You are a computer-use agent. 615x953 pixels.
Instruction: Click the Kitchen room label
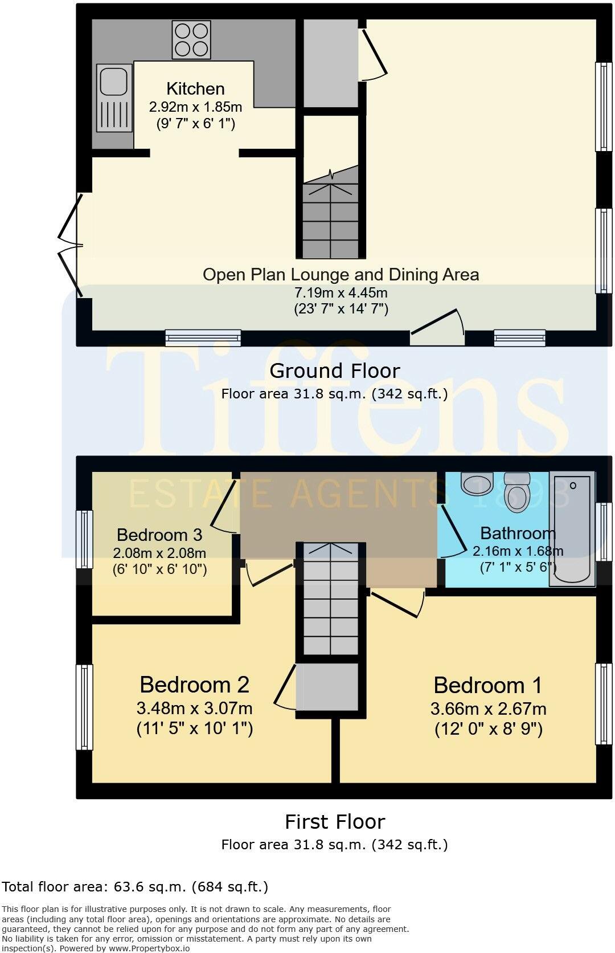point(195,89)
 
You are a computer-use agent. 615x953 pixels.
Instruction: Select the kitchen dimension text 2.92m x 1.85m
point(195,107)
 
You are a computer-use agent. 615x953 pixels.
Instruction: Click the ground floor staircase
point(330,219)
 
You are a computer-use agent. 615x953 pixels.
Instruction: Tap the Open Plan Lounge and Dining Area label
point(341,275)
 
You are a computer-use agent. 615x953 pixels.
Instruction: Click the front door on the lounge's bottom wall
point(437,331)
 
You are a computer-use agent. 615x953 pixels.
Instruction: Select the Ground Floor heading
point(334,370)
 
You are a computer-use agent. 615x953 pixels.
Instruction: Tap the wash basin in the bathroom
point(476,484)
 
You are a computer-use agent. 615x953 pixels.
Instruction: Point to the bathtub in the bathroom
point(571,528)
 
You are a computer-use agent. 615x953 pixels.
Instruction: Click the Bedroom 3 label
point(159,535)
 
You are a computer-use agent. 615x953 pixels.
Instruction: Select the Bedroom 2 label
point(194,684)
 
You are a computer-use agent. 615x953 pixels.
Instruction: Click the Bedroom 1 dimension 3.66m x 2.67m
point(488,709)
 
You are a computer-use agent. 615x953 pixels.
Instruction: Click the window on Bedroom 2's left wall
point(84,707)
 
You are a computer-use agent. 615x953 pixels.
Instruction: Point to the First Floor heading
point(334,821)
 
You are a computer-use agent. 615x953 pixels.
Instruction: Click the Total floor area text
point(134,886)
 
